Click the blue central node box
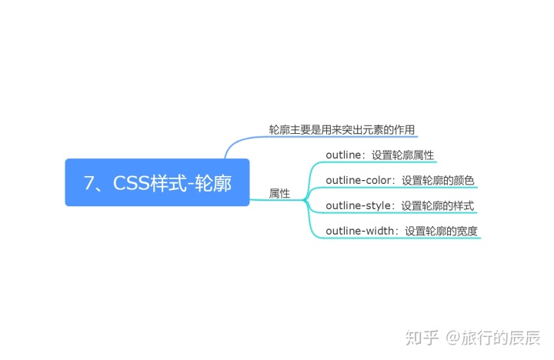coord(157,182)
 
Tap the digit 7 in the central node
coord(89,183)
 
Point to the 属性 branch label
coord(279,194)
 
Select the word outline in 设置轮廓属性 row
coord(343,155)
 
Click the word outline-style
coord(359,205)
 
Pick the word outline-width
coord(362,231)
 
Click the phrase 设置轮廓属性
coord(402,155)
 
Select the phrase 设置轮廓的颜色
coord(438,180)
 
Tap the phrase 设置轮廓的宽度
coord(446,231)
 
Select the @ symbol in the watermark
coord(452,337)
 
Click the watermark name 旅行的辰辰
coord(501,337)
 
